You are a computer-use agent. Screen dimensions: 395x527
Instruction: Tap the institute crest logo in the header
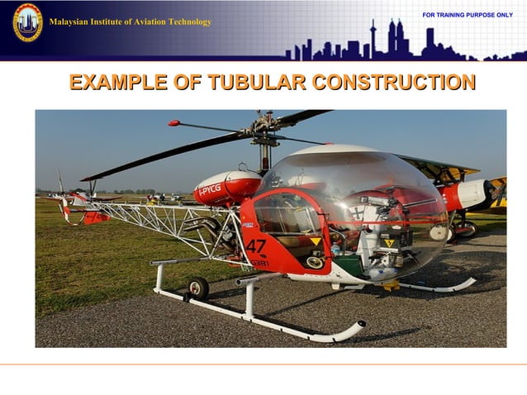click(26, 22)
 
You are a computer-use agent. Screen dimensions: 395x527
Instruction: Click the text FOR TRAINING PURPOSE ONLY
click(467, 16)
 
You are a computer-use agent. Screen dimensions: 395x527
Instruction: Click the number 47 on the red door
click(255, 246)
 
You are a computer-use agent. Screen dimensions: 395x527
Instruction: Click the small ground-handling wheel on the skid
click(197, 287)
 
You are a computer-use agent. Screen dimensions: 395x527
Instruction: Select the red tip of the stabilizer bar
click(173, 123)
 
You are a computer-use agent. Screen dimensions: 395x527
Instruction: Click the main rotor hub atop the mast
click(264, 132)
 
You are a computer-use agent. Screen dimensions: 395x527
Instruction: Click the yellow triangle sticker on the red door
click(315, 242)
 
